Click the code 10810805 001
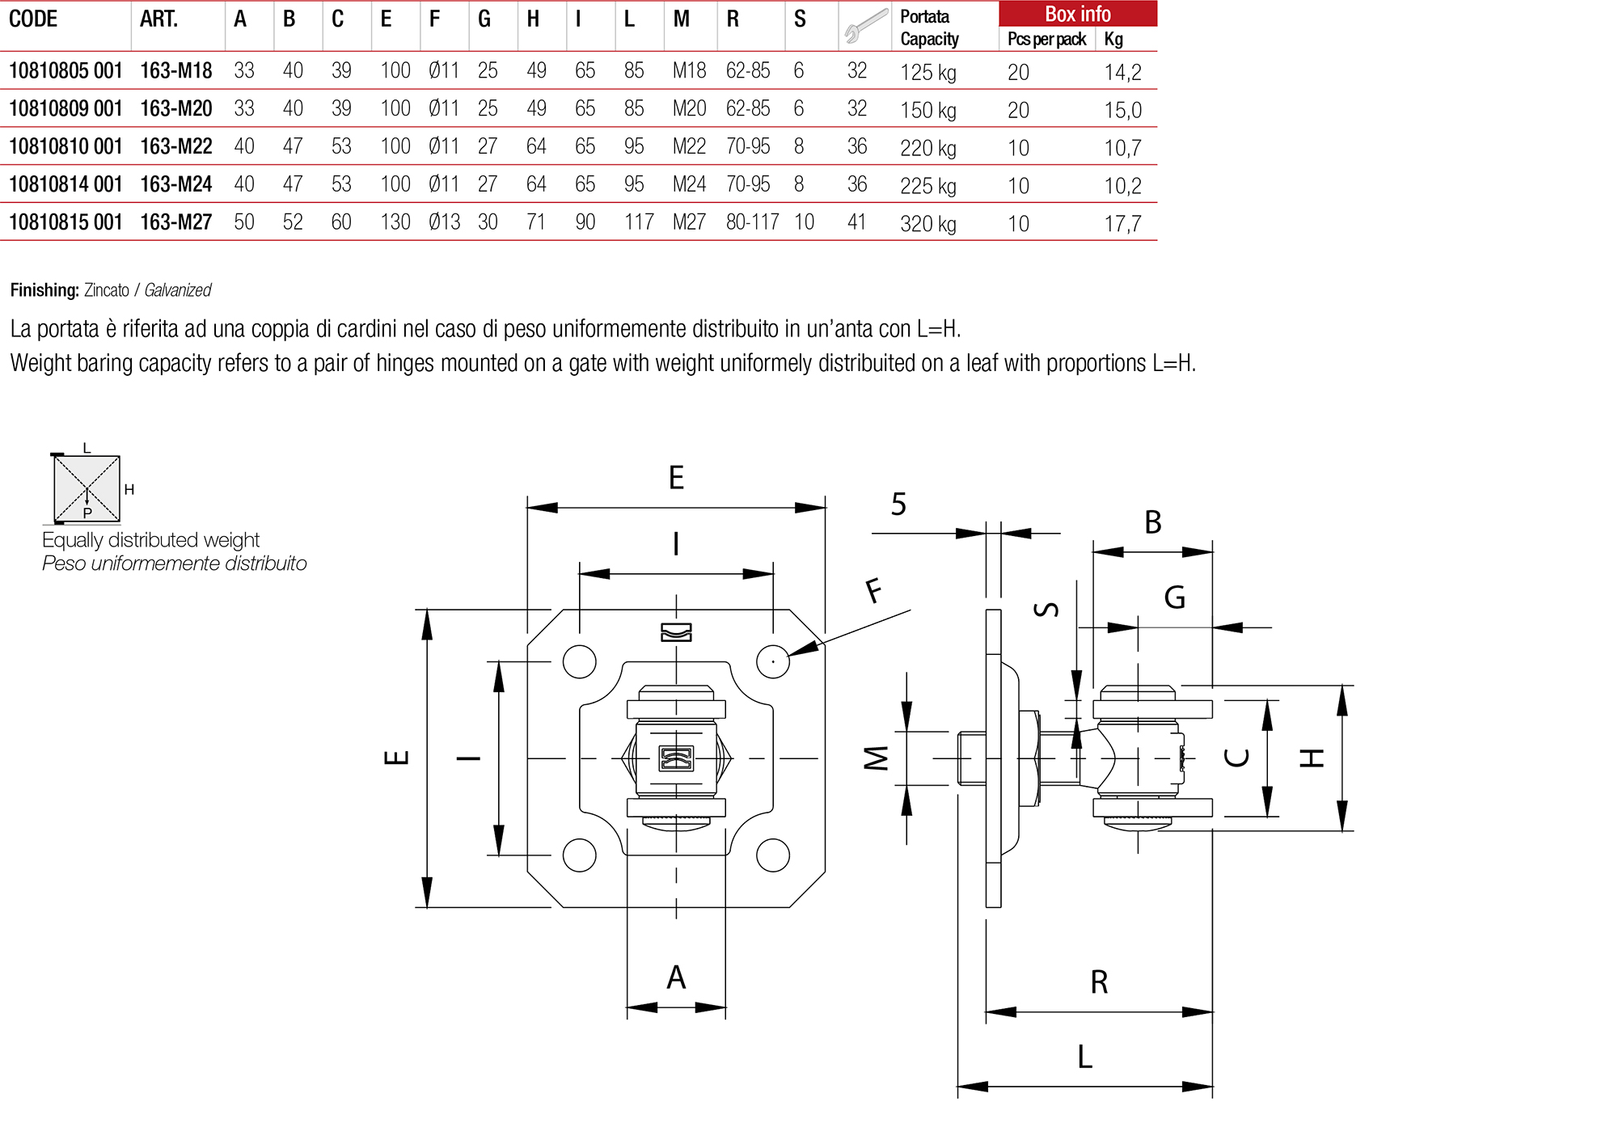[x=65, y=71]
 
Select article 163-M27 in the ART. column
[x=175, y=222]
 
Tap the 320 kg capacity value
[x=927, y=224]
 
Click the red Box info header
[x=1077, y=14]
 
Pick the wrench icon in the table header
[x=864, y=26]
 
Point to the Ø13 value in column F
[x=444, y=222]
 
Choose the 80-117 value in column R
[x=752, y=222]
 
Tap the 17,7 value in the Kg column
[x=1122, y=224]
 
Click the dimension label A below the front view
[x=676, y=977]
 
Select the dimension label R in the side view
[x=1099, y=982]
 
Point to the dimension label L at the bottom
[x=1084, y=1057]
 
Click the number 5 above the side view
[x=898, y=505]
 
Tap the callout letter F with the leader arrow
[x=873, y=591]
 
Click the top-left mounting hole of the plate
[x=579, y=661]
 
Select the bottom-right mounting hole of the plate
[x=772, y=855]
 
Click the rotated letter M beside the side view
[x=876, y=758]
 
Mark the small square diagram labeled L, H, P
[x=87, y=488]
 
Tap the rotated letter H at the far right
[x=1312, y=758]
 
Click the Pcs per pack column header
[x=1046, y=39]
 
